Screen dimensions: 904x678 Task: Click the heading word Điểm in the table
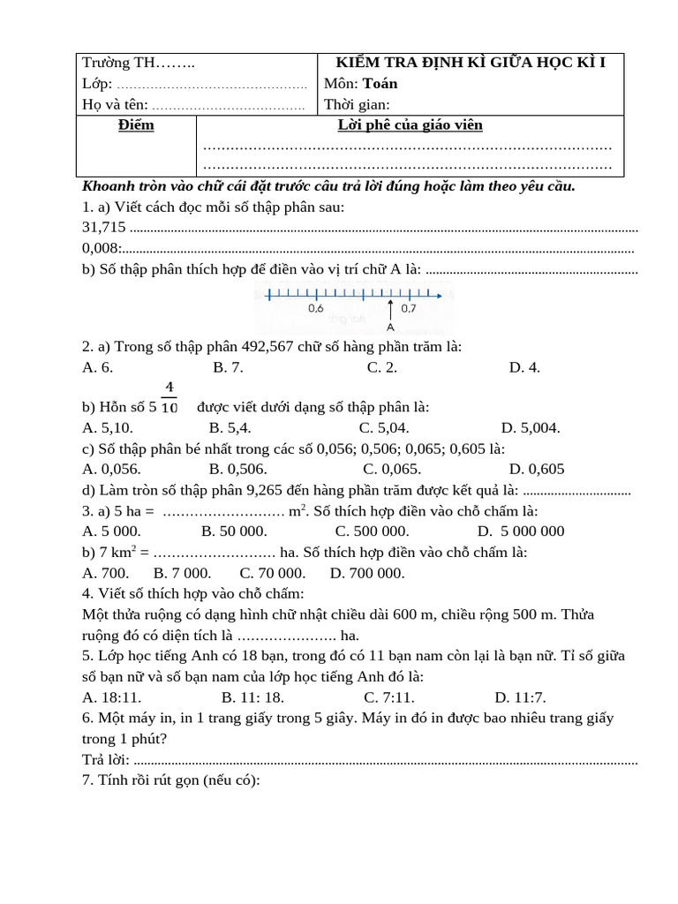136,125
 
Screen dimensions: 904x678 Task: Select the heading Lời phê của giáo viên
411,125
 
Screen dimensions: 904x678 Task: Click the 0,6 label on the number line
316,309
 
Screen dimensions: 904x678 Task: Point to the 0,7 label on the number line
409,309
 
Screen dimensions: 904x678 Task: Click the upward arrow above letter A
390,309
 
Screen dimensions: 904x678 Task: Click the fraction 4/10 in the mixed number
169,397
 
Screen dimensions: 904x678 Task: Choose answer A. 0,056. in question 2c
111,470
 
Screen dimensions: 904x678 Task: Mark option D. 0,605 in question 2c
537,470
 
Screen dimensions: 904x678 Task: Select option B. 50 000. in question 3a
234,531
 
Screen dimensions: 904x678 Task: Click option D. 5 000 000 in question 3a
521,531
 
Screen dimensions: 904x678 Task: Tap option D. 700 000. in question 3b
367,573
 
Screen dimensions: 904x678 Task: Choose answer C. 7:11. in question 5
389,697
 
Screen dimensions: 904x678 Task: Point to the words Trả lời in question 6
105,760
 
